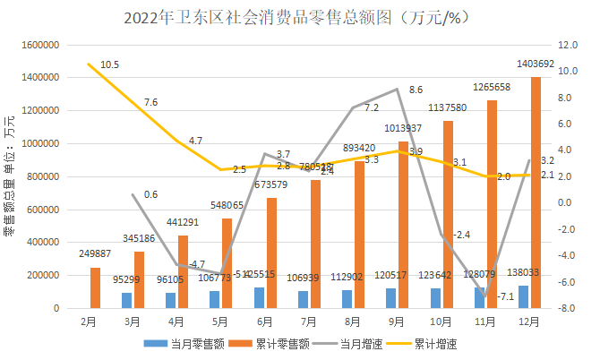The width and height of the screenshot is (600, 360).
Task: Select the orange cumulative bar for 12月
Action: click(x=536, y=193)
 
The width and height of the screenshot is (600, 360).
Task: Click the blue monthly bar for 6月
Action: click(x=259, y=297)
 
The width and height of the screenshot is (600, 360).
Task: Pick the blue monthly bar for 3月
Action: click(x=126, y=300)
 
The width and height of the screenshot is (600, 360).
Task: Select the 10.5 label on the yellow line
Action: click(x=110, y=64)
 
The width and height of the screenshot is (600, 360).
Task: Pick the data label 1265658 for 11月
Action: click(x=492, y=87)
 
